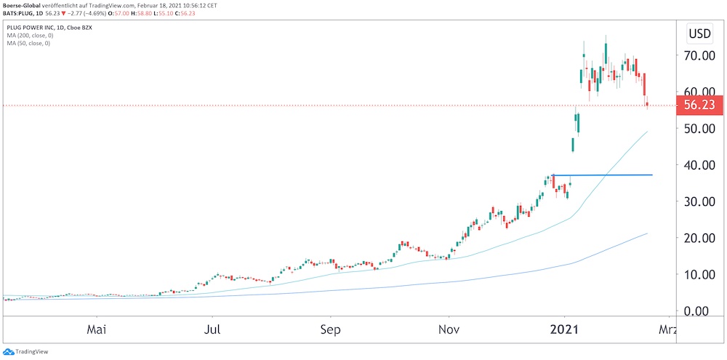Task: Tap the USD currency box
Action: point(699,33)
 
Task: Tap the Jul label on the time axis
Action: point(213,329)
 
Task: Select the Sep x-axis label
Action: point(331,329)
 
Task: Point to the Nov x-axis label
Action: point(449,329)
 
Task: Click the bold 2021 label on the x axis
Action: point(564,329)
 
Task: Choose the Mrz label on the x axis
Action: point(667,329)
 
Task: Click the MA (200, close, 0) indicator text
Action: point(29,36)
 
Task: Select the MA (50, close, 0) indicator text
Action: point(27,44)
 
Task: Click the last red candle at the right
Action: point(647,104)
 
